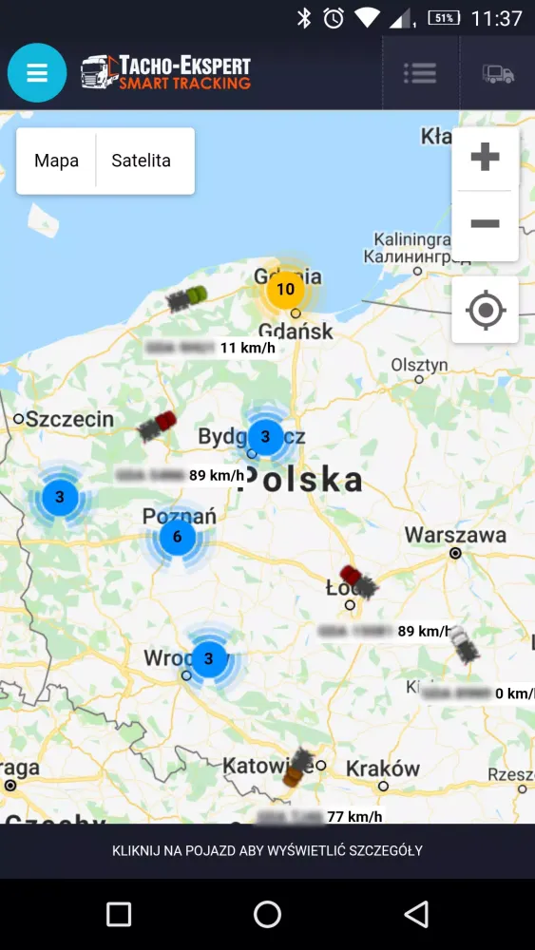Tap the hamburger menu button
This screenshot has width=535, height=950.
[37, 73]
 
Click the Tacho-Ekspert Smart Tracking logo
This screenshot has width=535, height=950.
[165, 72]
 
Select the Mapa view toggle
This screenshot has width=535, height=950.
[56, 161]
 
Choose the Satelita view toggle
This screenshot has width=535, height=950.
[142, 161]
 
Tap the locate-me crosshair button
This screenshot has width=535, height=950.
[485, 310]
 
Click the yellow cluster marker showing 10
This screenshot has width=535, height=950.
[284, 289]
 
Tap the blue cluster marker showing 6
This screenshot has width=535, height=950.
[177, 538]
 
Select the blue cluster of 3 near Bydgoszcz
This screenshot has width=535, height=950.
[265, 437]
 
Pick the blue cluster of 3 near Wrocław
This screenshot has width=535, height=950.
[209, 657]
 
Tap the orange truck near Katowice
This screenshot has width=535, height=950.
[298, 767]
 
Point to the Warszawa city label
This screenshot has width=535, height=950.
[455, 535]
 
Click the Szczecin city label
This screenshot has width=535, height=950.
[69, 419]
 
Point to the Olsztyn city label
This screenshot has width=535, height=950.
[419, 365]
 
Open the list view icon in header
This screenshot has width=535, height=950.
[419, 73]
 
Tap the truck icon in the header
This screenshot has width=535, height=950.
[497, 73]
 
